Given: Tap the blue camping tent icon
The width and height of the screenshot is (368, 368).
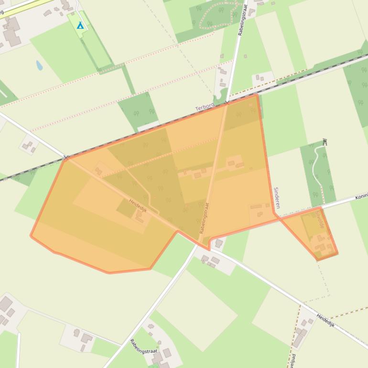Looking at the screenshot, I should click(80, 25).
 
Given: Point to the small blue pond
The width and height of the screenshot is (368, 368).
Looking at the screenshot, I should click(39, 65).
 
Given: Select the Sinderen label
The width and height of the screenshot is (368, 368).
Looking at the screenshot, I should click(276, 197).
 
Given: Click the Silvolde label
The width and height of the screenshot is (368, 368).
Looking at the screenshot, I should click(319, 221).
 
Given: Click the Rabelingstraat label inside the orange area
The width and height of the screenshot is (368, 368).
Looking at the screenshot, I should click(205, 218).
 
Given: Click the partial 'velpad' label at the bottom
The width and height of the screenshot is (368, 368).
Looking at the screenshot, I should click(292, 360).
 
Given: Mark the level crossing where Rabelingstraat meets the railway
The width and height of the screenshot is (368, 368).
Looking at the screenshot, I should click(227, 102).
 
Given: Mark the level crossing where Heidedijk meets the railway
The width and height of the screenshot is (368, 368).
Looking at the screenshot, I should click(66, 157).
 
